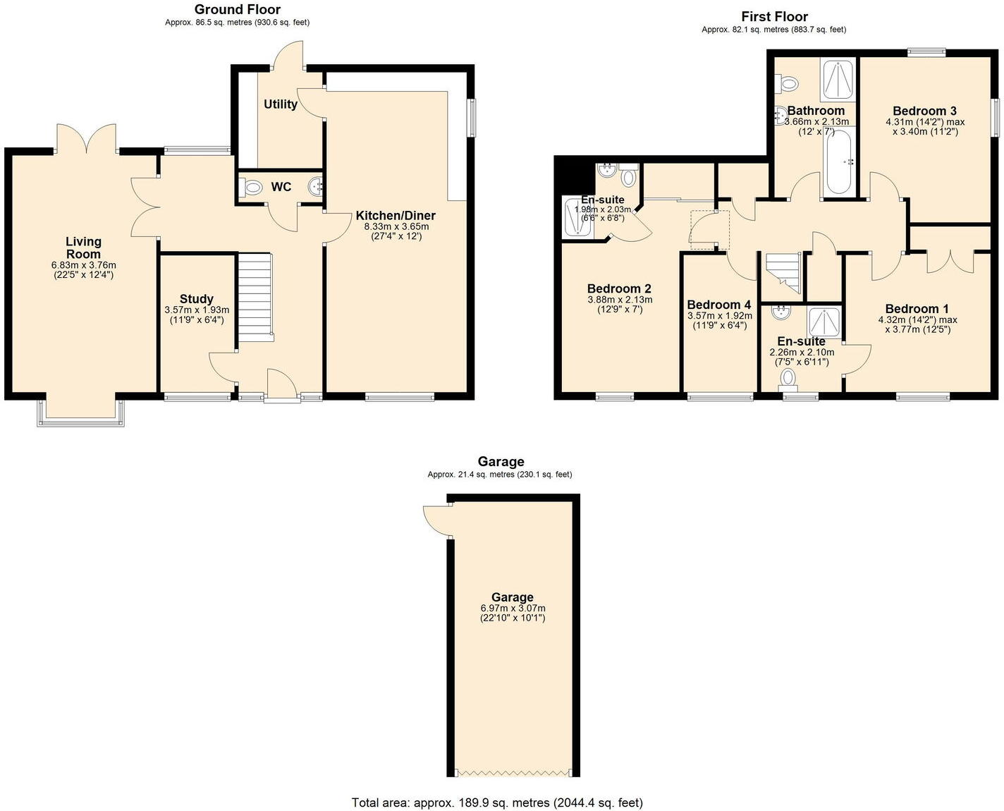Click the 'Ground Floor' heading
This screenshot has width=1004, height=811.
[x=237, y=10]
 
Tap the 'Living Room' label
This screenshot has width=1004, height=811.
[x=84, y=248]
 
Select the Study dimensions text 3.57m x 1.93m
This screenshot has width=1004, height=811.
[x=197, y=310]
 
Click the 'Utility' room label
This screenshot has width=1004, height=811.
[x=281, y=104]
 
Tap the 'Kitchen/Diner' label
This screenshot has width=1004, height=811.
[x=396, y=216]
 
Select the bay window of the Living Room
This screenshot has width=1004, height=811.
[x=80, y=413]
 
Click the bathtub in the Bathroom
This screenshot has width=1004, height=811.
[x=839, y=162]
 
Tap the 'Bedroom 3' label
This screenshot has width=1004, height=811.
[x=924, y=111]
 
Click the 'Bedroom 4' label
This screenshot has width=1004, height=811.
[x=719, y=305]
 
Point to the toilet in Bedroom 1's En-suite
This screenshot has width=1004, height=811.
[x=788, y=379]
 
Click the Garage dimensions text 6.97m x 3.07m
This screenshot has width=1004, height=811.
[x=513, y=609]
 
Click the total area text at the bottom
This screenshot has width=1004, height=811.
[x=497, y=803]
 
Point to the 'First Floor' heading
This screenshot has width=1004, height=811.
[x=774, y=17]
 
